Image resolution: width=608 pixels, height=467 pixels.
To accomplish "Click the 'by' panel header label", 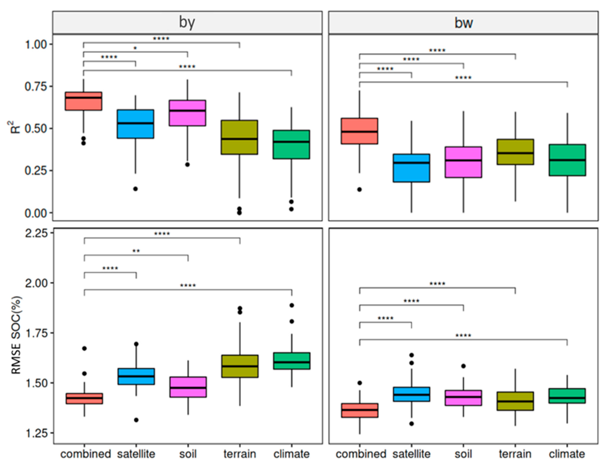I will (187, 22).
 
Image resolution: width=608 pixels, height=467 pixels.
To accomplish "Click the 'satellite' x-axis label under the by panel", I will (136, 454).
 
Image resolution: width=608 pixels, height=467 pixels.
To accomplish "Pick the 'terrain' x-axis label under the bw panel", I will (515, 454).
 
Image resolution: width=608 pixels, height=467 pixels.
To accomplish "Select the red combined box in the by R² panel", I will (83, 101).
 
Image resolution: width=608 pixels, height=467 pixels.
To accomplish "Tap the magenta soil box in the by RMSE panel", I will (188, 387).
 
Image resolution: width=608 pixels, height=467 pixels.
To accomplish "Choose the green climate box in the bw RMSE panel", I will (567, 396).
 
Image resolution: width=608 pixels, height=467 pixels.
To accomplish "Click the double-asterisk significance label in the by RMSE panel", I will (136, 251).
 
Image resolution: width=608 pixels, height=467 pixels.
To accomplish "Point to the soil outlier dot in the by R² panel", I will (188, 165).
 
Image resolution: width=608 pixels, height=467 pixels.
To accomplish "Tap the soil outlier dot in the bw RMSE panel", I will (463, 366).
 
